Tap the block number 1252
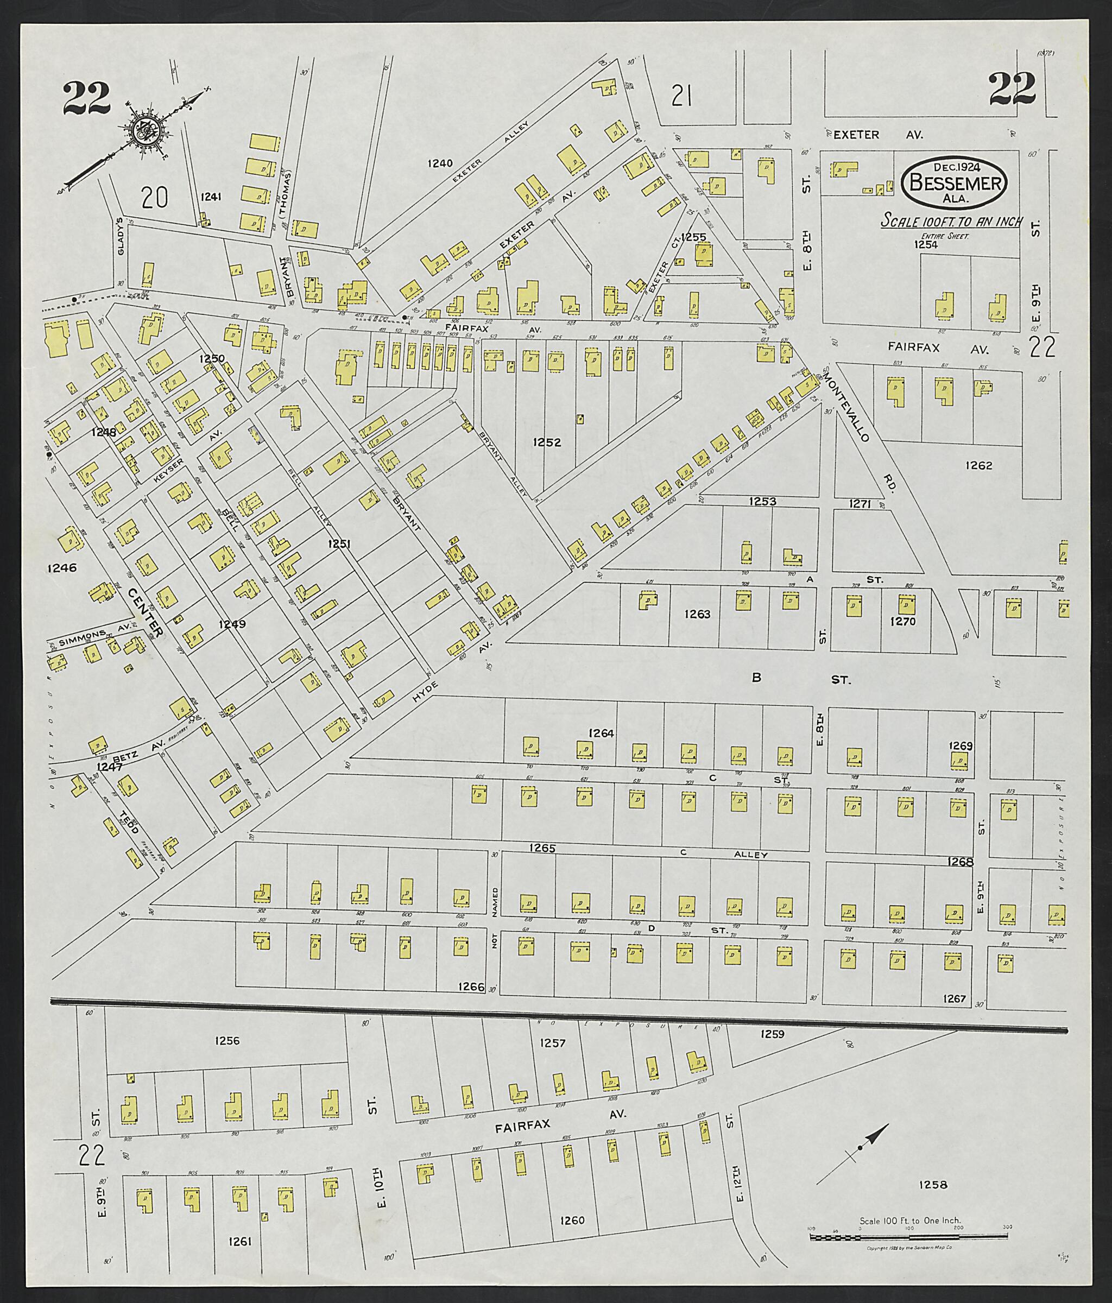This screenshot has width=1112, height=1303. coord(547,442)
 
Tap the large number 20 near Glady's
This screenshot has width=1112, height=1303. coord(155,199)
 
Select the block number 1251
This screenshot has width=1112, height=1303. coord(338,544)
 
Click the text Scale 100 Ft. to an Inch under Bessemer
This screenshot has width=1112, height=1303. coord(952,222)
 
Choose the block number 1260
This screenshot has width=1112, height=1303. coord(572,1220)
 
